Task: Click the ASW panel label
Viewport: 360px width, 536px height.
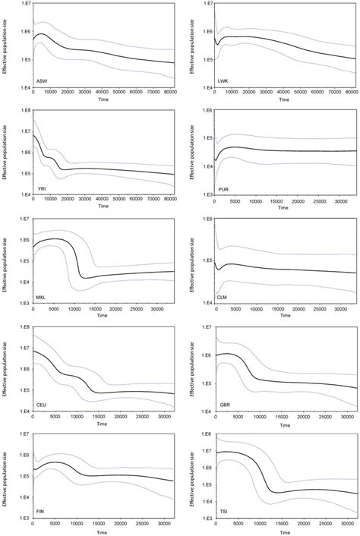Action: (43, 80)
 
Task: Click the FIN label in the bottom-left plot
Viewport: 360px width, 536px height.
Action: (41, 512)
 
